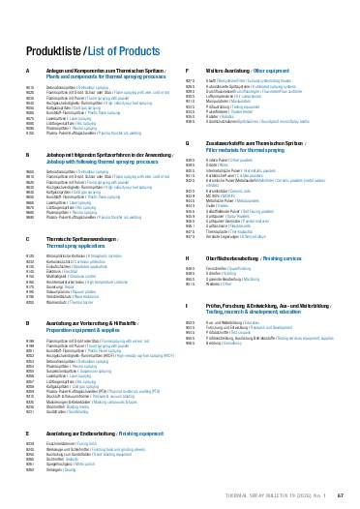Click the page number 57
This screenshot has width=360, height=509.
(x=328, y=493)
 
